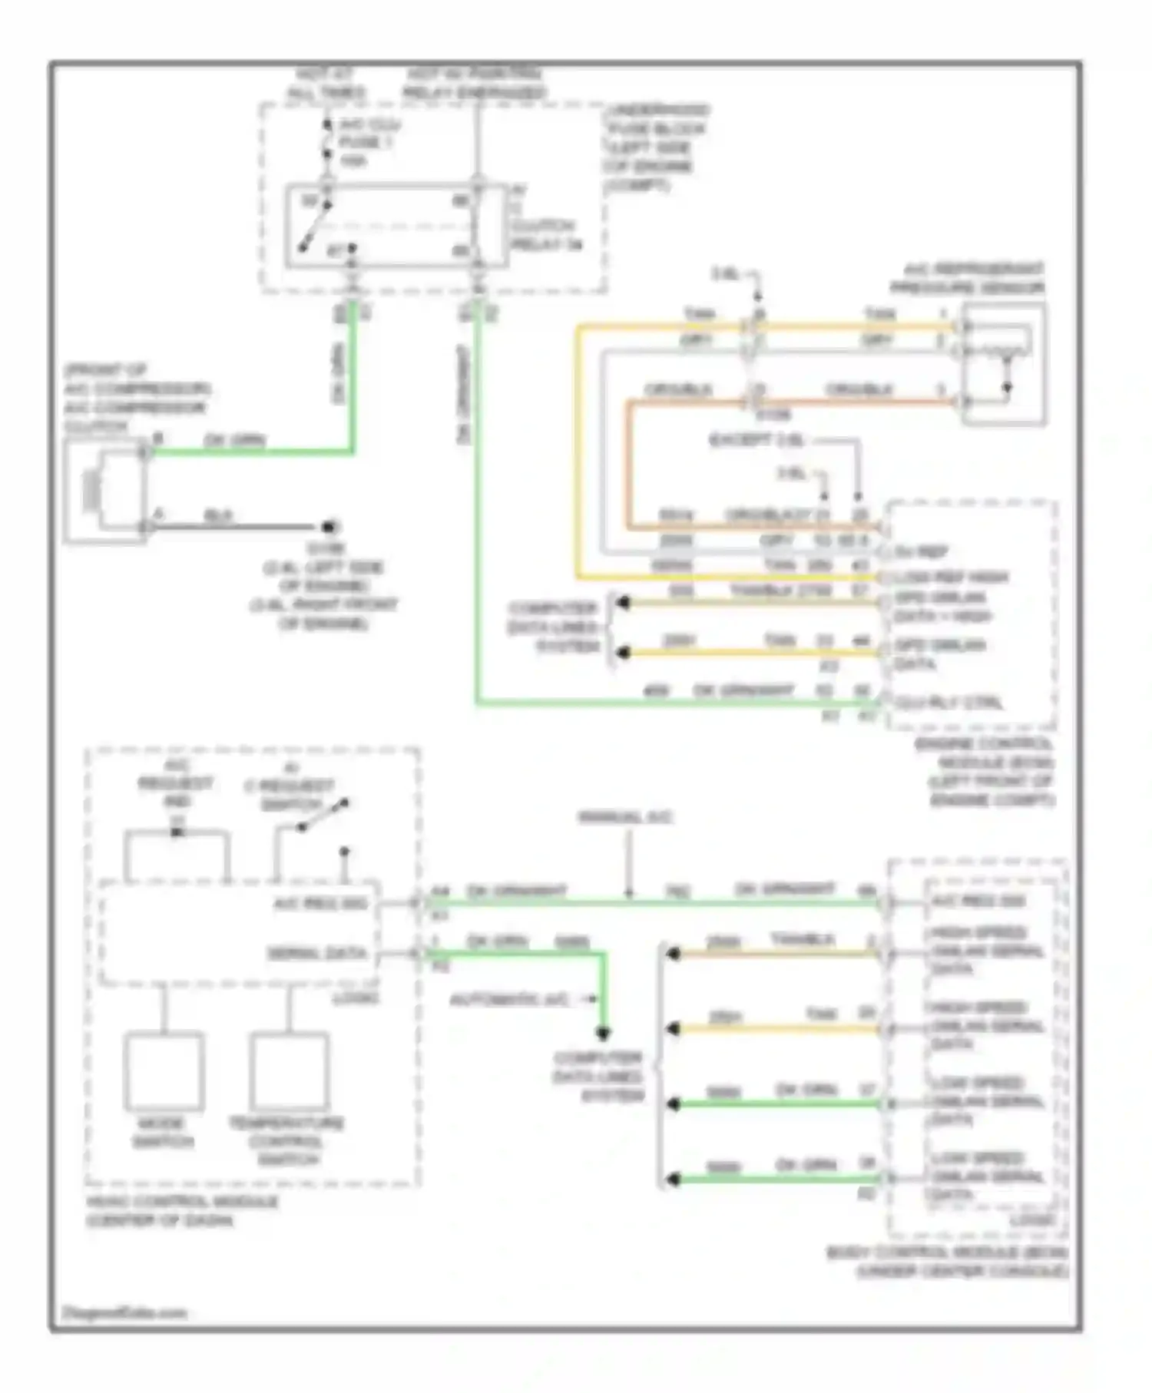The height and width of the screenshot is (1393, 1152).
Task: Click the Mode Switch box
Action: (164, 1072)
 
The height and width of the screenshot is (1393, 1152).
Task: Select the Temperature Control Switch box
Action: (289, 1072)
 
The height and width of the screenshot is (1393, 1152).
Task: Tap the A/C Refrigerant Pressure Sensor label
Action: (967, 279)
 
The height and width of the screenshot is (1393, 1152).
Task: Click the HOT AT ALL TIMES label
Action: (325, 84)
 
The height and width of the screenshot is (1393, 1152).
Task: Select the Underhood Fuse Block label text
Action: (657, 147)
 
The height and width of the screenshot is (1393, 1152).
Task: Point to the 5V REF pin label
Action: (921, 551)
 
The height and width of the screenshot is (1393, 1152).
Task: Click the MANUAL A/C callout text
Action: (624, 817)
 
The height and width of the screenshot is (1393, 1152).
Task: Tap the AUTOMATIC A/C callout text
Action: (510, 1000)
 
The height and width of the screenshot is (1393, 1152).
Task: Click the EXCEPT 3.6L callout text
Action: (756, 441)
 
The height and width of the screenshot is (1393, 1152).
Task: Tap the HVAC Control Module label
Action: (181, 1211)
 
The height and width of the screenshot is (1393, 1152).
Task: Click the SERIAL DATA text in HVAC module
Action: (316, 953)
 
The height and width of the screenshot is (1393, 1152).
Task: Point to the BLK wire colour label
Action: (218, 516)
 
